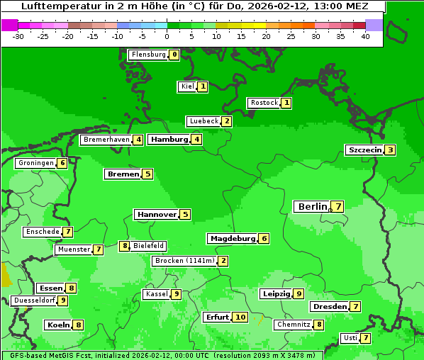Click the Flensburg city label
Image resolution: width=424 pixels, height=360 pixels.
click(148, 54)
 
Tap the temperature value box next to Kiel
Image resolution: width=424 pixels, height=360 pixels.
click(203, 86)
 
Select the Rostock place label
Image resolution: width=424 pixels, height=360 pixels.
click(264, 103)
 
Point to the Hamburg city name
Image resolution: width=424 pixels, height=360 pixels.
click(169, 139)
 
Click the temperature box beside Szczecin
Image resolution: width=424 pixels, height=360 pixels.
click(391, 150)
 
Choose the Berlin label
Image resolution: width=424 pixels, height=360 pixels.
click(313, 206)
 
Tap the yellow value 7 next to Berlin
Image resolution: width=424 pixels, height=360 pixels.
click(339, 206)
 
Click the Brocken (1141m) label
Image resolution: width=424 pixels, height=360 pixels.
click(184, 261)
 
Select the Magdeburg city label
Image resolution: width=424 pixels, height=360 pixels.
click(232, 238)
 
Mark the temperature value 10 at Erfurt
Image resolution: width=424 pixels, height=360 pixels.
click(240, 317)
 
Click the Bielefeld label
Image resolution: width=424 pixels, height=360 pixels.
click(149, 246)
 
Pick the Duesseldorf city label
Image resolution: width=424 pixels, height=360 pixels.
click(34, 300)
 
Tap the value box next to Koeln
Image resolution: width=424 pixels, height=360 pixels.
click(78, 325)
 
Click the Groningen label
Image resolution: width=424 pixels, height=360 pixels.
click(35, 163)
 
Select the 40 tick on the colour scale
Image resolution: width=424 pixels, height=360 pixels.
click(365, 36)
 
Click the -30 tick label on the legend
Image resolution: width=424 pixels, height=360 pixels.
click(18, 36)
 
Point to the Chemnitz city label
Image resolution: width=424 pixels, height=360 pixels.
click(293, 325)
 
